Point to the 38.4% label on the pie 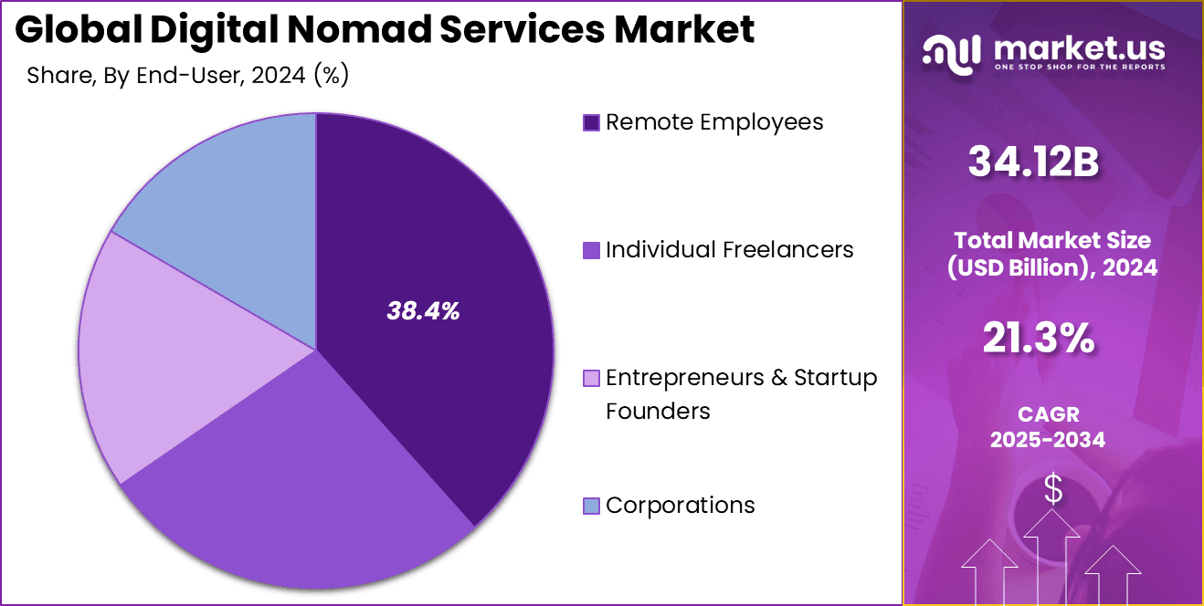coord(422,311)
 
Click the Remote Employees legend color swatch coord(591,122)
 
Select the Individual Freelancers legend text coord(729,249)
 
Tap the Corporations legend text coord(680,505)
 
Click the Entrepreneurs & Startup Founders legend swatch coord(591,378)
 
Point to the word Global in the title coord(79,30)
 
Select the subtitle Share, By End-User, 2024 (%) coord(188,76)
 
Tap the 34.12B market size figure coord(1033,162)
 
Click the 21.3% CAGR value coord(1039,340)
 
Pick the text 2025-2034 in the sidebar coord(1048,440)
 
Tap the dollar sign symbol coord(1053,489)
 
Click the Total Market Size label coord(1052,241)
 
